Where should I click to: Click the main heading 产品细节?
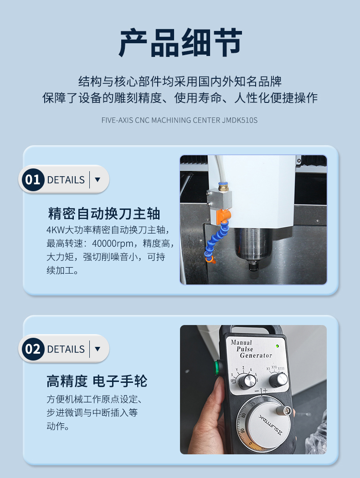[x=180, y=43]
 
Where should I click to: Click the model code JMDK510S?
[x=240, y=120]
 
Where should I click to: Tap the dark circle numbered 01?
[x=33, y=179]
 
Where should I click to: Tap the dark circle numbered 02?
[x=33, y=349]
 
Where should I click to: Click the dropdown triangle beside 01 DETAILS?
[x=98, y=179]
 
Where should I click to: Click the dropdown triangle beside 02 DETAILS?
[x=98, y=349]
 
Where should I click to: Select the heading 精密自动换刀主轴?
[x=104, y=214]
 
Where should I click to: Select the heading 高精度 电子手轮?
[x=97, y=381]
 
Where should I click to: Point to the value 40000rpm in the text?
[x=113, y=244]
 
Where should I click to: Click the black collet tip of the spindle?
[x=253, y=267]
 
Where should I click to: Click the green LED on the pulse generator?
[x=277, y=346]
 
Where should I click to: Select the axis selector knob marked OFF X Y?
[x=247, y=381]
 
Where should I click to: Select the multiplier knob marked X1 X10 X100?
[x=278, y=380]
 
